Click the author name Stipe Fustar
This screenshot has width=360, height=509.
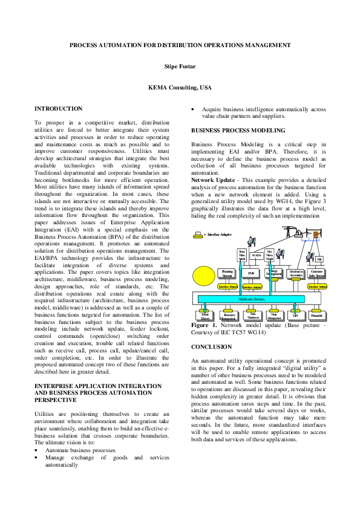(180, 66)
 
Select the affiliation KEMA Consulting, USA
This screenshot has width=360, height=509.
(180, 88)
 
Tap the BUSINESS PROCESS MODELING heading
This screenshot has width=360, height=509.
(238, 131)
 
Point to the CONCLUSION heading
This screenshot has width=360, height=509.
(211, 347)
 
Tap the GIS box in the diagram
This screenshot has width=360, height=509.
(295, 315)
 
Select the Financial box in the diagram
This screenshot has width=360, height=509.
(316, 315)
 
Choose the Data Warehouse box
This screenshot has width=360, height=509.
(252, 315)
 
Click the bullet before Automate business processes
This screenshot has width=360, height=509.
(37, 450)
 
